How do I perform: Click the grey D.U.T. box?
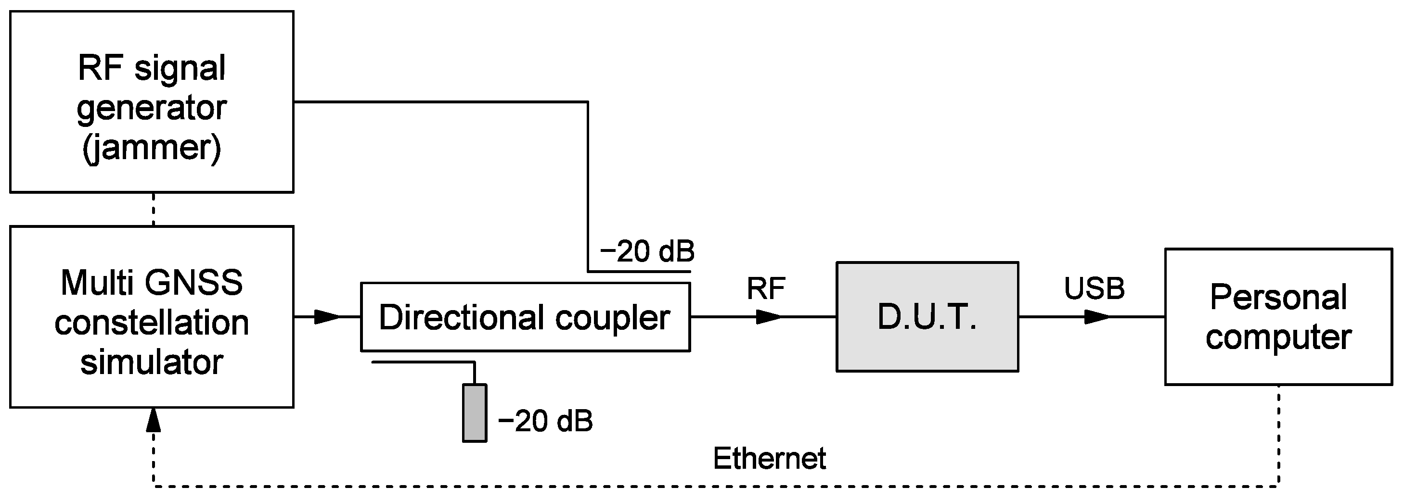pos(927,317)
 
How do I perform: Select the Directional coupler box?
pos(525,317)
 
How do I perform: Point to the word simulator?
pos(152,362)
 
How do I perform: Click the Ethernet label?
pos(769,458)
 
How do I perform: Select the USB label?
pos(1094,288)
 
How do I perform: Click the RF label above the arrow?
pos(765,288)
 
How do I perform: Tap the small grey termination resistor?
pos(474,413)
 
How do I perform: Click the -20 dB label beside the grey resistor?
pos(545,421)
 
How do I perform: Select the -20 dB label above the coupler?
pos(647,251)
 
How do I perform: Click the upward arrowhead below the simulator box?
pos(154,421)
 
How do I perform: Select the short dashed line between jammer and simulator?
pos(154,209)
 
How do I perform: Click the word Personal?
pos(1278,298)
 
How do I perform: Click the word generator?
pos(152,108)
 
